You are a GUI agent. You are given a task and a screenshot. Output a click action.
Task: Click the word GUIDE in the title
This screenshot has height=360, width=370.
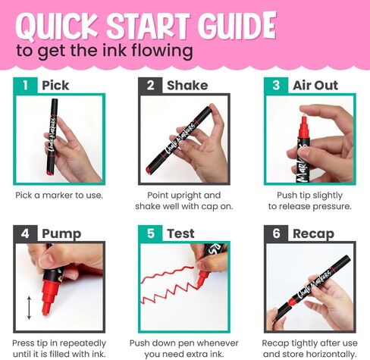point(237,26)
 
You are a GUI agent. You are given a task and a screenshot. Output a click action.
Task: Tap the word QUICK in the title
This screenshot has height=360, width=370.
point(56,27)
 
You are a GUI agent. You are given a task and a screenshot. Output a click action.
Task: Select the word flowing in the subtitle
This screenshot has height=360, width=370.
point(162,51)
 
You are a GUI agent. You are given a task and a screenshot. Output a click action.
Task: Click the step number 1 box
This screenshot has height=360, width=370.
point(25,86)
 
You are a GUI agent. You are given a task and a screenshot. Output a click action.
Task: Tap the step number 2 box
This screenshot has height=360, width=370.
point(150,86)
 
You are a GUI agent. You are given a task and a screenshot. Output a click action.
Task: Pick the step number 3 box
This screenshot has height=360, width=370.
point(276,86)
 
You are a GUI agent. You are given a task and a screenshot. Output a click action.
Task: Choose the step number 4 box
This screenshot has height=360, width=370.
point(25,233)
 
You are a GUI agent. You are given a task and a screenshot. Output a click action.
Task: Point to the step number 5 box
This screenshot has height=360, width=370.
point(150,233)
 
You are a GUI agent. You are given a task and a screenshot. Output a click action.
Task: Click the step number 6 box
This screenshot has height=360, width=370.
point(276,233)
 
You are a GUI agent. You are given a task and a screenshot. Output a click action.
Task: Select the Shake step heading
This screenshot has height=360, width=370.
point(187,86)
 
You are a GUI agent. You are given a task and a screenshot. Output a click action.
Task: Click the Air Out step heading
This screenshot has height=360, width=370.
point(315,86)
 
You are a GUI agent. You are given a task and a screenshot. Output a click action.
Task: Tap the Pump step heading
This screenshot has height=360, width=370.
point(61,234)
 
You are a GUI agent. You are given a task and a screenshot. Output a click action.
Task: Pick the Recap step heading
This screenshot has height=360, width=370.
point(313,234)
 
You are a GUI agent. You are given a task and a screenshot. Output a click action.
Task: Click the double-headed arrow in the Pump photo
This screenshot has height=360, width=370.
point(29,308)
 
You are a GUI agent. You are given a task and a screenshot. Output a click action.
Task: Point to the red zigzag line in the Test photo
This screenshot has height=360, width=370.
point(169,284)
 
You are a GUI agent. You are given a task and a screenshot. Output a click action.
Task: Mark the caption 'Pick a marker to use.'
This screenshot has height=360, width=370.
point(59,196)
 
